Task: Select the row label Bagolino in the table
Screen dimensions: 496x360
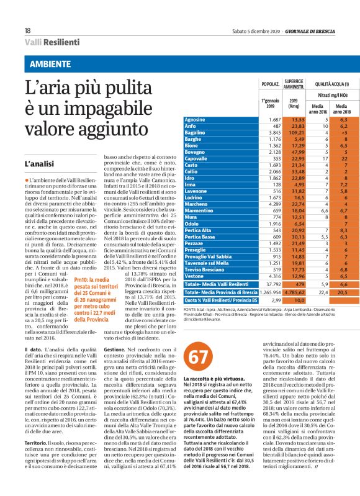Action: [x=212, y=133]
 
